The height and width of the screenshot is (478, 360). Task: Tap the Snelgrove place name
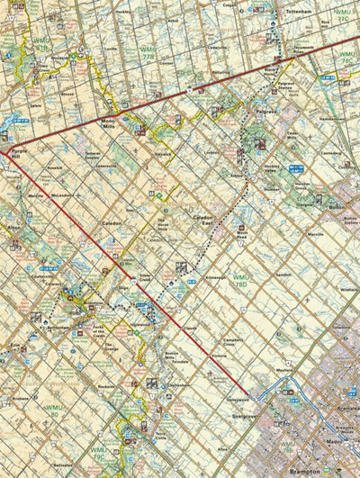click(x=242, y=393)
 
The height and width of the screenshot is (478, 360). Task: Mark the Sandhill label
click(x=283, y=273)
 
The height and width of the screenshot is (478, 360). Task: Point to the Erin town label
click(x=13, y=344)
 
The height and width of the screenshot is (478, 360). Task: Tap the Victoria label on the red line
click(x=219, y=357)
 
